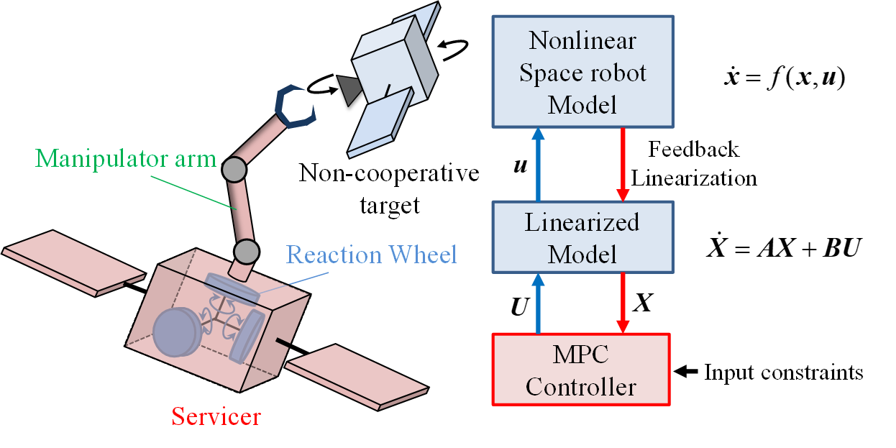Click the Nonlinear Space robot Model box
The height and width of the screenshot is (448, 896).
tap(582, 72)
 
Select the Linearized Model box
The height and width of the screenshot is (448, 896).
tap(582, 237)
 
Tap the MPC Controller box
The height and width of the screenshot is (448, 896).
tap(581, 369)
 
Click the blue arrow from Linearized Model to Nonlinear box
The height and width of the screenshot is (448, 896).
tap(537, 164)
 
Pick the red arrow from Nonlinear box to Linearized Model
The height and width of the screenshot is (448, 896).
tap(623, 165)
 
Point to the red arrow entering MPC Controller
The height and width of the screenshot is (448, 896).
tap(623, 302)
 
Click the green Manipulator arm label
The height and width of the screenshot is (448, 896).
tap(127, 158)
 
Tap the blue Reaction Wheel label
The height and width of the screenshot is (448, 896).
tap(372, 254)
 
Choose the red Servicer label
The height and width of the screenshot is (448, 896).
tap(216, 416)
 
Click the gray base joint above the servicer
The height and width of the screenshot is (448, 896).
tap(246, 252)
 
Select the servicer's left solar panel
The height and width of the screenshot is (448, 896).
tap(76, 262)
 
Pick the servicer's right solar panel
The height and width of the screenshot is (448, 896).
tap(357, 375)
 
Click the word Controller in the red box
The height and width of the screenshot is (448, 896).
tap(581, 387)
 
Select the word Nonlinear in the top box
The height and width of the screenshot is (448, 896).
tap(582, 40)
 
